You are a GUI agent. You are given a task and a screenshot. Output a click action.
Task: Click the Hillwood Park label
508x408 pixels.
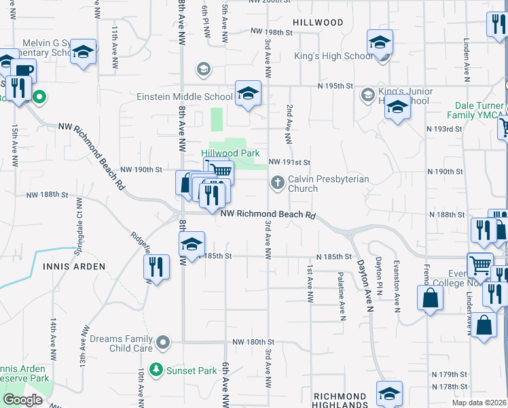(x=230, y=154)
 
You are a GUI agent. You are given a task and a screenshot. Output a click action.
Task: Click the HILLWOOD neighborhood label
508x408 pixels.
(x=318, y=22)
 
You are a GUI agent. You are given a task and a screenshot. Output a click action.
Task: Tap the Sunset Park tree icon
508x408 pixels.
(x=157, y=370)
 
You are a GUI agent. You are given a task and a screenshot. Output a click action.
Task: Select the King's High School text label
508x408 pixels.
(x=333, y=56)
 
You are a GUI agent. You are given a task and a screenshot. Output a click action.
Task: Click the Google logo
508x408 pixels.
(x=23, y=400)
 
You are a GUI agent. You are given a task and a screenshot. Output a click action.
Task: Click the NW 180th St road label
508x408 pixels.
(x=253, y=342)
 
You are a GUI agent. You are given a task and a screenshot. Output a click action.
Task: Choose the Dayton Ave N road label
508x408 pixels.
(x=362, y=283)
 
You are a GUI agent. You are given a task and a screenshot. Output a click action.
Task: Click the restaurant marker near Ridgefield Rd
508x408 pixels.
(x=156, y=266)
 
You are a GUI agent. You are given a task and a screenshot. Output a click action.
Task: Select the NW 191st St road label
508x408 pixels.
(x=289, y=163)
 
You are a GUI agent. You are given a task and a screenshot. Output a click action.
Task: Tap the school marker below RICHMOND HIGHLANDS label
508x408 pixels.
(x=390, y=393)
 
